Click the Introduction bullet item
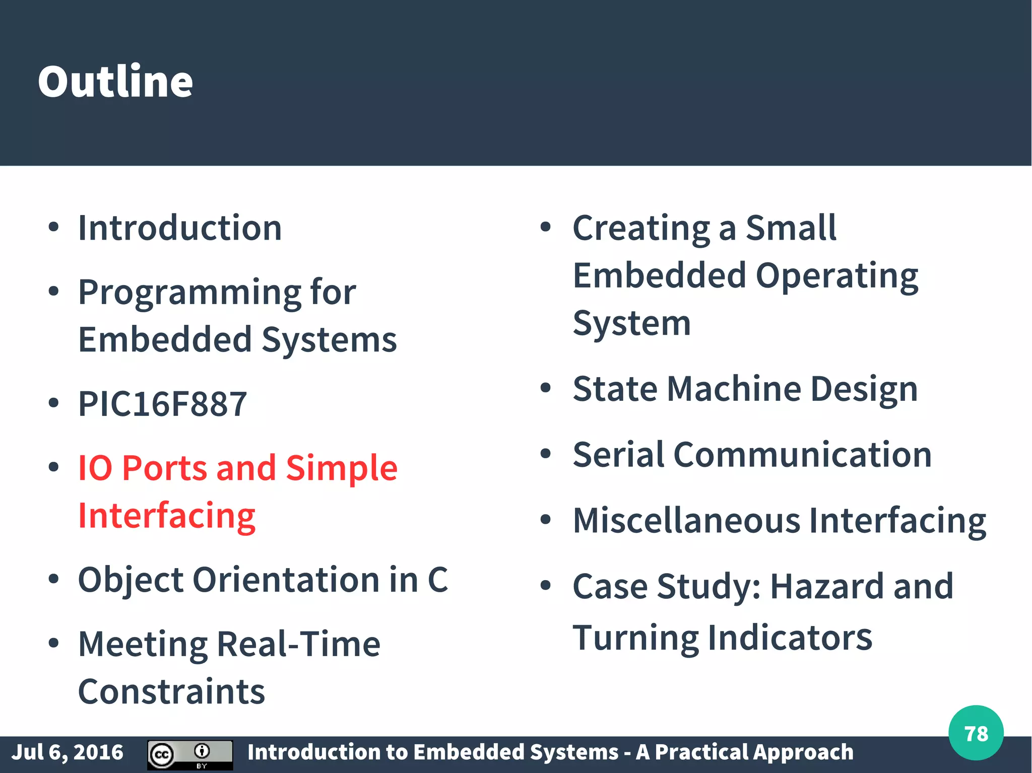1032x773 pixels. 180,228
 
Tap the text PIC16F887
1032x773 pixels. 162,404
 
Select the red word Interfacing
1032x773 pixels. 167,516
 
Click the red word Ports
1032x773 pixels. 164,468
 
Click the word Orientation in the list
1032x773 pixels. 286,580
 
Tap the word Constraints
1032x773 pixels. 171,691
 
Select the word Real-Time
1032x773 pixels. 298,644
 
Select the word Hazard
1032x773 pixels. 826,586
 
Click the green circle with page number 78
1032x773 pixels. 976,733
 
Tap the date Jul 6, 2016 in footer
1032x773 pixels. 67,752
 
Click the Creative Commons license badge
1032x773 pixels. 190,754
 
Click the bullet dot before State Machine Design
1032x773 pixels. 545,388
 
